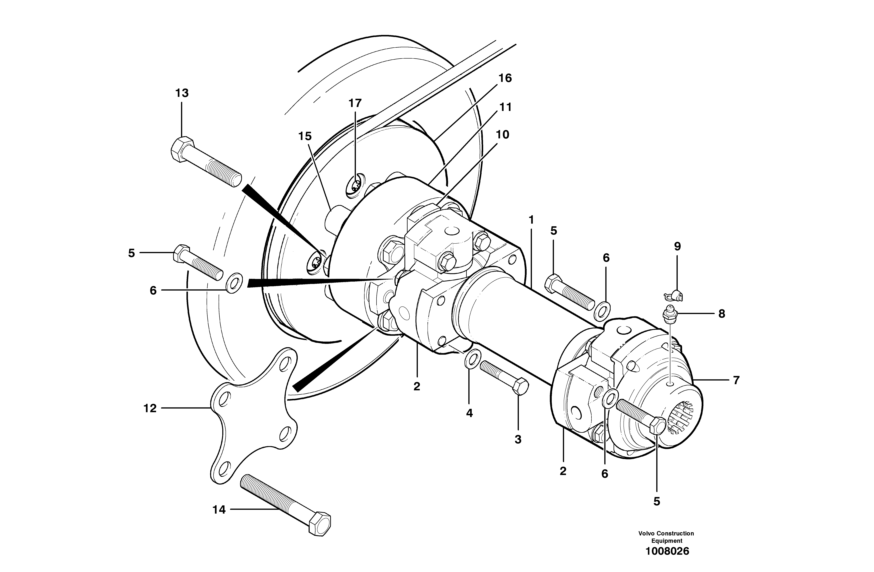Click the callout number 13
pyautogui.click(x=182, y=93)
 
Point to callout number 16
pyautogui.click(x=505, y=78)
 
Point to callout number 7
pyautogui.click(x=736, y=380)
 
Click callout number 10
pyautogui.click(x=502, y=135)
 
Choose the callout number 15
pyautogui.click(x=305, y=136)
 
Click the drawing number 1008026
pyautogui.click(x=667, y=561)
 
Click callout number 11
pyautogui.click(x=505, y=107)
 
